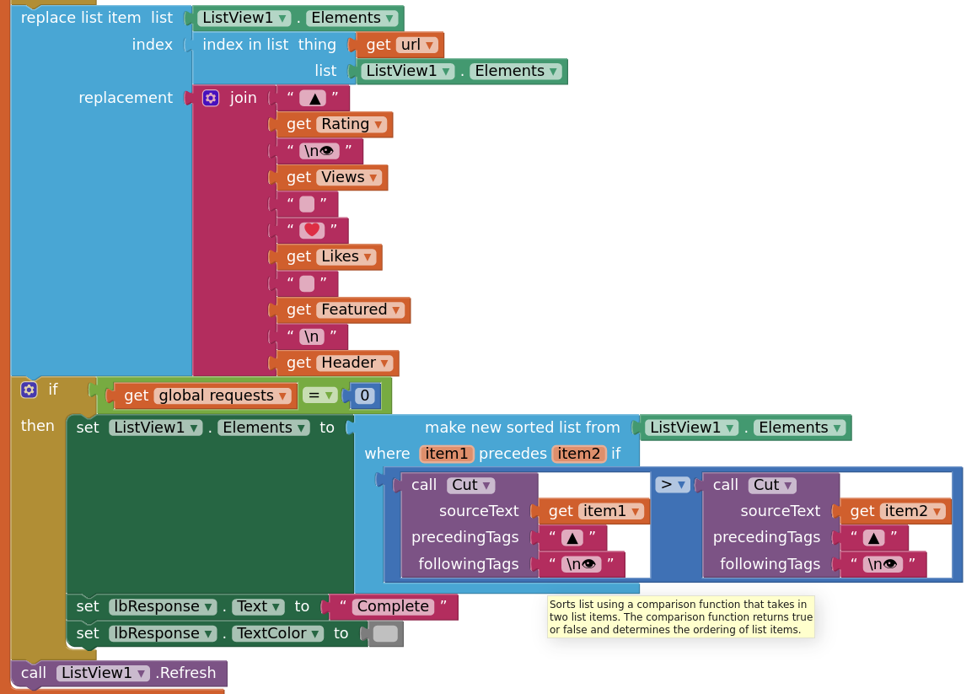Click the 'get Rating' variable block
tap(298, 125)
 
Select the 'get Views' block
tap(298, 177)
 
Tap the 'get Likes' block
tap(298, 256)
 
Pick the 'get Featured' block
tap(298, 309)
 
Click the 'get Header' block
tap(298, 363)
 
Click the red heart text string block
tap(312, 230)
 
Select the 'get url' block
tap(378, 45)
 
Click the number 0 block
tap(365, 395)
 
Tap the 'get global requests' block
tap(135, 395)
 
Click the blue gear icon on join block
tap(211, 98)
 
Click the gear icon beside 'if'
tap(30, 390)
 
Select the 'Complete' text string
tap(392, 606)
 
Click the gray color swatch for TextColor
tap(385, 633)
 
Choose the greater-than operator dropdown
tap(672, 485)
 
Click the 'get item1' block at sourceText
tap(560, 511)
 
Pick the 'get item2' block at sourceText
tap(862, 511)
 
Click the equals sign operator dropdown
tap(319, 395)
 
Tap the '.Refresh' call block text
tap(185, 673)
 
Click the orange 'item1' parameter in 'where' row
tap(446, 454)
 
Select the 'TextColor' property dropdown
tap(278, 633)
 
